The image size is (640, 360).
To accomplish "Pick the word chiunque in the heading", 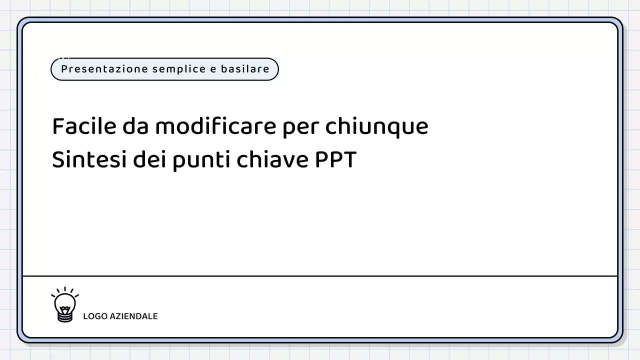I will click(376, 126).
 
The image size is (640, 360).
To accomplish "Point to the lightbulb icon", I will click(65, 304).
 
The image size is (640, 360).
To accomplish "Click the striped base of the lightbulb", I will click(65, 316).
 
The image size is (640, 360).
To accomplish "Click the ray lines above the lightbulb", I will click(65, 290).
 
